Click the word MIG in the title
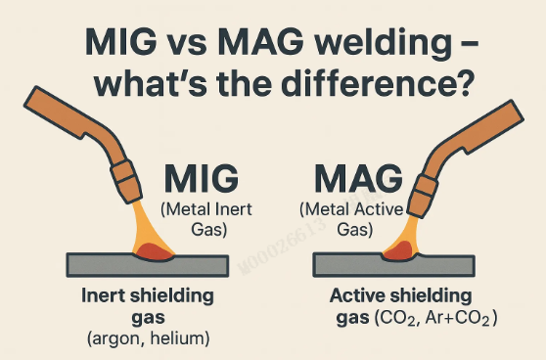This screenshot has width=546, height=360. pos(120,41)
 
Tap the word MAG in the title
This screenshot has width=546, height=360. pos(261,41)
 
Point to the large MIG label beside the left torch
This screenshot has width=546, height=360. pos(202,178)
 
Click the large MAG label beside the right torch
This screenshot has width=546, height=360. pos(359,178)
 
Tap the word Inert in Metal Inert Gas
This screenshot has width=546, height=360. pos(234,209)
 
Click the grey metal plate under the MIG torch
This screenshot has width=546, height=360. pos(148,266)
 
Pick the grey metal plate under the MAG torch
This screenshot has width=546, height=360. pos(393,266)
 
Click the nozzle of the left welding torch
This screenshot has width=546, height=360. pos(126,182)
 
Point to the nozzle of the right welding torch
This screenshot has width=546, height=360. pos(422,196)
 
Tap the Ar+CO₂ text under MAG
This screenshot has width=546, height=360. pos(457,318)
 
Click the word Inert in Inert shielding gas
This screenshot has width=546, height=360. pos(103,295)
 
